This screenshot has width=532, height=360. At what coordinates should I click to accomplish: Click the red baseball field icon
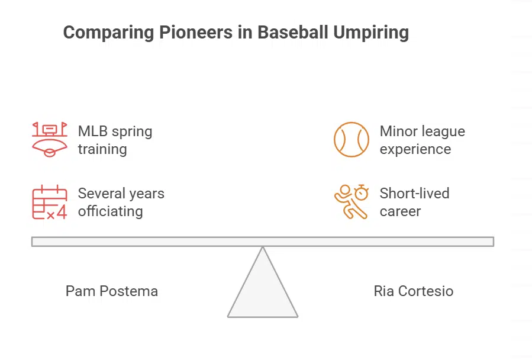pos(49,140)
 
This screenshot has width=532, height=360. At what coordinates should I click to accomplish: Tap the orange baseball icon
pos(352,140)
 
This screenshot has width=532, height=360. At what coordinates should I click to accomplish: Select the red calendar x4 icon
pos(49,202)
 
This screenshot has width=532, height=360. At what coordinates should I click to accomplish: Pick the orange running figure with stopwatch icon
pos(352,202)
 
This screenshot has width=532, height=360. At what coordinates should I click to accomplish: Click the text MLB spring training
pos(115,140)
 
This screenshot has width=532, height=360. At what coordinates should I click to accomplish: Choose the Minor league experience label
pos(422,140)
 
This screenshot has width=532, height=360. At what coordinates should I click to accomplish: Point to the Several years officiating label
pos(121,202)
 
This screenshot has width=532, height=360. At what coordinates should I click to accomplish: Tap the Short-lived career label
pos(414,202)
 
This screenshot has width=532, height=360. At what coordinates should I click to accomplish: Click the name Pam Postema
pos(112,291)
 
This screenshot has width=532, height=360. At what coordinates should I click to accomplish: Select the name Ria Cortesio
pos(413,291)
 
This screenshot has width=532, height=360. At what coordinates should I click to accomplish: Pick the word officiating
pos(110,211)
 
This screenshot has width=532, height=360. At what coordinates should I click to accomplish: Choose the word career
pos(400,211)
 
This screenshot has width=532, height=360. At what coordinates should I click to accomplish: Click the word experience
pos(415,149)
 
